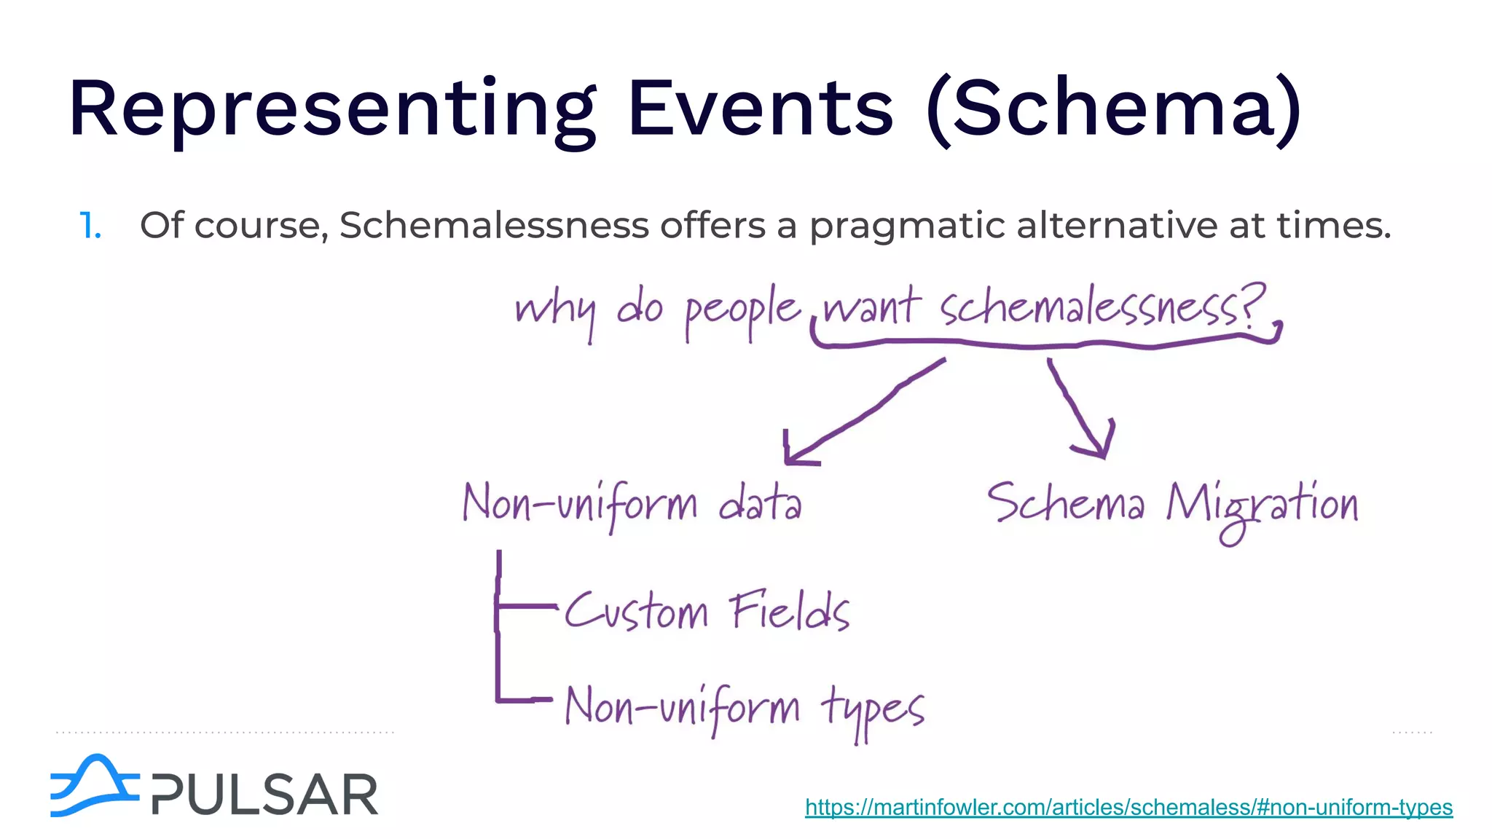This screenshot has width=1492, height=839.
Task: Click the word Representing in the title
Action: pos(331,109)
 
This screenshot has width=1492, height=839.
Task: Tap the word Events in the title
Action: pos(760,109)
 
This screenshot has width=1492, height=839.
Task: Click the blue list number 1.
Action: pos(90,226)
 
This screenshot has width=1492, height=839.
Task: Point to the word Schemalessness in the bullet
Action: pos(494,225)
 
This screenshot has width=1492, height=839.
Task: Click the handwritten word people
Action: pos(742,312)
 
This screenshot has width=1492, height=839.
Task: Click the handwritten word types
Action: pos(872,710)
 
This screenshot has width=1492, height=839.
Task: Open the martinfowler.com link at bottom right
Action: pos(1128,807)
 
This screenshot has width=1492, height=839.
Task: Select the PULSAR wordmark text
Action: pos(265,794)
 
